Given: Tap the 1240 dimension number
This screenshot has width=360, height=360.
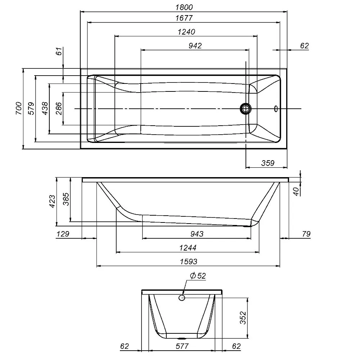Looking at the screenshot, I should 186,32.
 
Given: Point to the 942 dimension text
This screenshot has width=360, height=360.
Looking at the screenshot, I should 195,45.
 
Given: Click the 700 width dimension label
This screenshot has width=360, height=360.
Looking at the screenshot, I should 18,108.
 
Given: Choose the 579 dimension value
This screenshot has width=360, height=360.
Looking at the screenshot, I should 31,108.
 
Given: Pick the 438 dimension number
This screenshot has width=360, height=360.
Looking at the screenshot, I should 45,108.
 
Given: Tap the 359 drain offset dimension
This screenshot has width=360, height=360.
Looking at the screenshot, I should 267,163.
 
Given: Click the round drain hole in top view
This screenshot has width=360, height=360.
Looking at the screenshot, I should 246,108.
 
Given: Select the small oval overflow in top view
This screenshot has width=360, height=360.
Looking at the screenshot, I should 276,108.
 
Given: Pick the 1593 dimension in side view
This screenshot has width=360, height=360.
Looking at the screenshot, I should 189,262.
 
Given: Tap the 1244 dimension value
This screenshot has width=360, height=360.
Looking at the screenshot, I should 187,248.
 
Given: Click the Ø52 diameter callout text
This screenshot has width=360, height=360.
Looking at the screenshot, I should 197,276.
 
